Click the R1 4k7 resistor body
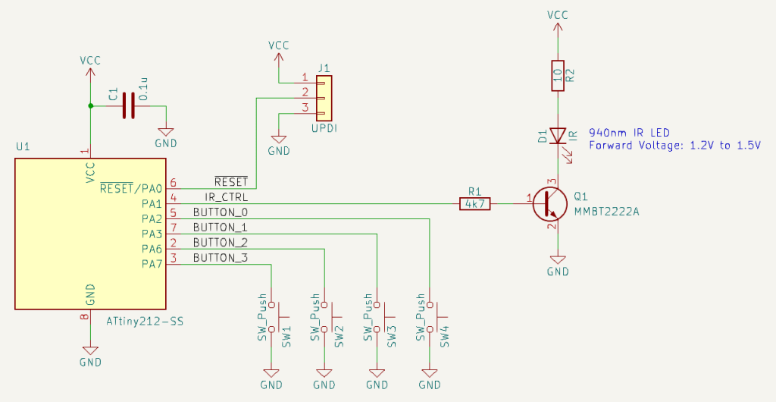click(475, 203)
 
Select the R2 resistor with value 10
click(558, 75)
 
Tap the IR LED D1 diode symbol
click(558, 136)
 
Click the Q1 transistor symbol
click(549, 203)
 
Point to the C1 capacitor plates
click(128, 105)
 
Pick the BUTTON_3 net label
click(220, 258)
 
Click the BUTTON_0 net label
click(220, 212)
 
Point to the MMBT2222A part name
click(607, 211)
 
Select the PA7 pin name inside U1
click(151, 264)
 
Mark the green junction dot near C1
click(91, 105)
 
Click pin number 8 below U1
click(84, 319)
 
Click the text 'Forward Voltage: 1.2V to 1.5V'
click(674, 146)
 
